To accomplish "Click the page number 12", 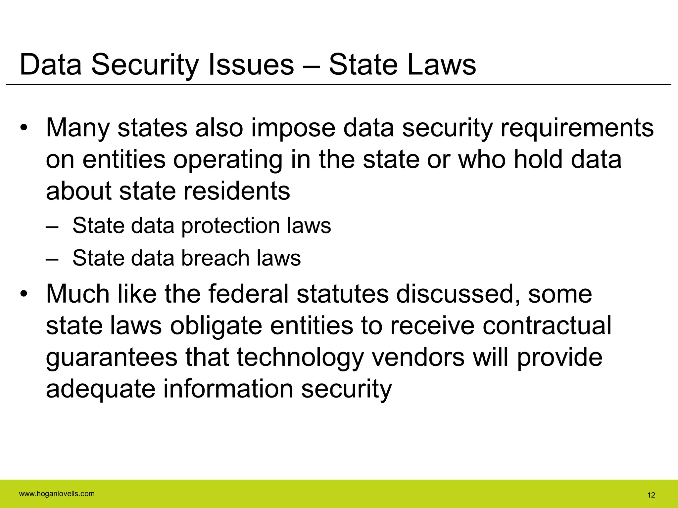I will point(651,495).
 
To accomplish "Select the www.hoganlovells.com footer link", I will point(57,494).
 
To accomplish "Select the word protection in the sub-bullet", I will point(230,226).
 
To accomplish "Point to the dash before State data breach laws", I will point(52,259).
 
